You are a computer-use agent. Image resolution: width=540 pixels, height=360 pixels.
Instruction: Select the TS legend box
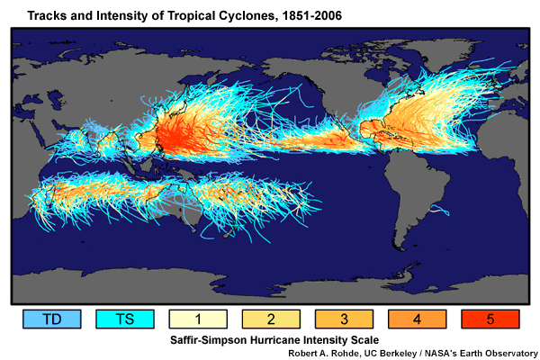(x=125, y=319)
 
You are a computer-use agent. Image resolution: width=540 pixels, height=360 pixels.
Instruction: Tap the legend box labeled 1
(x=197, y=319)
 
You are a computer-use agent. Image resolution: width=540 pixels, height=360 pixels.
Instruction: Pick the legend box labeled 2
(x=269, y=319)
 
